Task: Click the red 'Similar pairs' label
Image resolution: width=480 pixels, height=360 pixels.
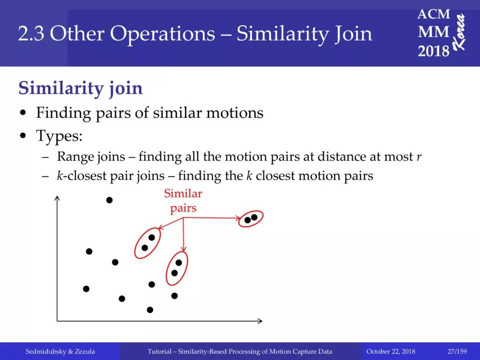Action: click(x=183, y=201)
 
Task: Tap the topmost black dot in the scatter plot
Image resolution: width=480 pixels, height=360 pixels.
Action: click(x=109, y=200)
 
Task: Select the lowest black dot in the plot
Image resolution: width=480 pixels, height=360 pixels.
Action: click(x=150, y=310)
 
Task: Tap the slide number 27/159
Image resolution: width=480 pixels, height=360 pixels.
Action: click(x=457, y=351)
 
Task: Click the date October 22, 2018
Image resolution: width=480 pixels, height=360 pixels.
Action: click(x=391, y=351)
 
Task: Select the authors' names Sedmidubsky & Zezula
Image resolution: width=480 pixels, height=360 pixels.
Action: click(x=60, y=351)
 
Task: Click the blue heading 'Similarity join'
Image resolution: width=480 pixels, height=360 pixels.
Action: click(x=80, y=88)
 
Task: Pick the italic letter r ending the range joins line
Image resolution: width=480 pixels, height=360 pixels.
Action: click(x=419, y=157)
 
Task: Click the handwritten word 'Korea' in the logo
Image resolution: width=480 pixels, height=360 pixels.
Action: click(x=460, y=32)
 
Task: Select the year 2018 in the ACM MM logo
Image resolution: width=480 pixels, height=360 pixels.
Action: click(x=433, y=51)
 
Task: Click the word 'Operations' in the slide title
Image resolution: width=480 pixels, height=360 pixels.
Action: click(x=162, y=34)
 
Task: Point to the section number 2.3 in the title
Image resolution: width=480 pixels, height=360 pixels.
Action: click(x=31, y=34)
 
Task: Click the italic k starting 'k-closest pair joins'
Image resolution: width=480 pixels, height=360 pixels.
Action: click(x=60, y=176)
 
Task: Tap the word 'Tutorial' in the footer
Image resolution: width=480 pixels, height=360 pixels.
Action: click(x=159, y=351)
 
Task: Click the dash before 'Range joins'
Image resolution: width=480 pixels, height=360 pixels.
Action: click(x=45, y=157)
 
